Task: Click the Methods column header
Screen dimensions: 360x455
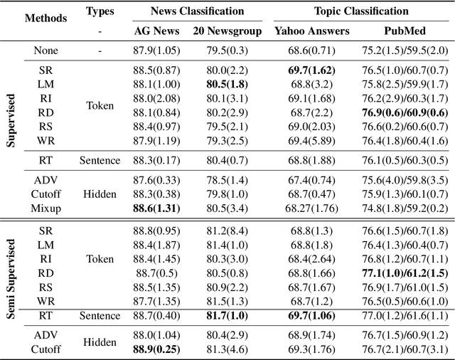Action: point(45,18)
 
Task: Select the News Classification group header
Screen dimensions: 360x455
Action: point(197,11)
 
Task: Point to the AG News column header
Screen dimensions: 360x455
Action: point(156,31)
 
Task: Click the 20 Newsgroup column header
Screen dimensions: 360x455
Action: point(225,31)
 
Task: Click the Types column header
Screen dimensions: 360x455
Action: point(100,11)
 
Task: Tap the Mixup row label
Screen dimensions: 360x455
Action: point(45,208)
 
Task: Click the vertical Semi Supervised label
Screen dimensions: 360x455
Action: point(11,290)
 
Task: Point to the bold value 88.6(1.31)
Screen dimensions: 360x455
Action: point(156,208)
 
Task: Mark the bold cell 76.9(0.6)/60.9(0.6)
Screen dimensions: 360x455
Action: point(403,112)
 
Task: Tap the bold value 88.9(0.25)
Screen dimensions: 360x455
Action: point(156,349)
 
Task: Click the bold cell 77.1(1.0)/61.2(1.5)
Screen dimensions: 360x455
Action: point(403,273)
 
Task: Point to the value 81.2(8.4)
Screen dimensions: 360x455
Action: point(225,231)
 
